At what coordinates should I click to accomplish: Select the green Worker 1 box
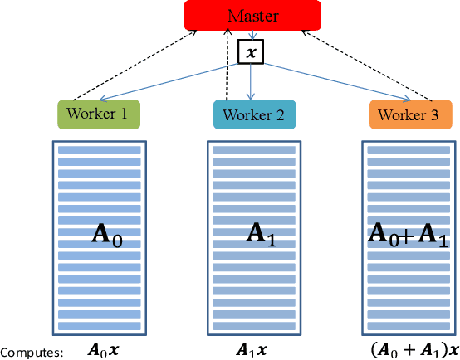click(98, 114)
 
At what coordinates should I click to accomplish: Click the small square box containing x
click(251, 52)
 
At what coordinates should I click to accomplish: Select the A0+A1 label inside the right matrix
click(408, 236)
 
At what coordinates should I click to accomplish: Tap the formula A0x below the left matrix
click(104, 350)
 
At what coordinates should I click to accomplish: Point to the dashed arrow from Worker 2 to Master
click(230, 66)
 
